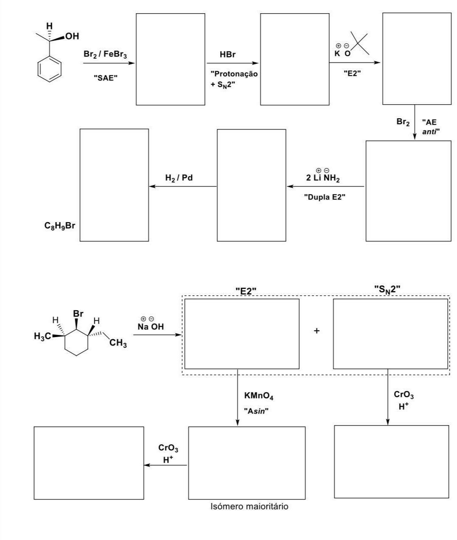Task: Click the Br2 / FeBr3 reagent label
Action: [105, 54]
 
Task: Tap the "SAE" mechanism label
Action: [105, 78]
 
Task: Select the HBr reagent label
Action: [227, 54]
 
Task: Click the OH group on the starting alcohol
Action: [71, 36]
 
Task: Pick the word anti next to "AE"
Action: [431, 131]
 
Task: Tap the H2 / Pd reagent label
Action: [179, 177]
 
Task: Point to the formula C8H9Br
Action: [60, 226]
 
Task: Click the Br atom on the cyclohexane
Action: [78, 314]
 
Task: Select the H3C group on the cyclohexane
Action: [43, 336]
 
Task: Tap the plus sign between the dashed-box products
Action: [316, 331]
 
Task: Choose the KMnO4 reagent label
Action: [259, 396]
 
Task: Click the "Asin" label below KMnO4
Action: [256, 411]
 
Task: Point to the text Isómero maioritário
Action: [250, 506]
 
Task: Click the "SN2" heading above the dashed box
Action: [387, 289]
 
